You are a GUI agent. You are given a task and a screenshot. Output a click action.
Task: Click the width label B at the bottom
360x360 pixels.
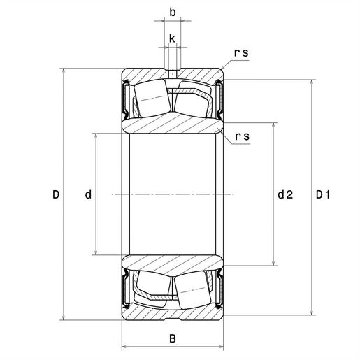[173, 339]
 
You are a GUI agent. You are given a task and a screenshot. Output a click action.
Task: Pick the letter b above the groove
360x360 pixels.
[172, 12]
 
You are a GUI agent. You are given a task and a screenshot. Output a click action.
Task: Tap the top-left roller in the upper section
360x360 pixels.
[150, 99]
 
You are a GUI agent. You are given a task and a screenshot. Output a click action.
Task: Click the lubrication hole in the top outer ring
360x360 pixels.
[172, 73]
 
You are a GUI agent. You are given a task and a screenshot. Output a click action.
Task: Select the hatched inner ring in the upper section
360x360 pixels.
[173, 124]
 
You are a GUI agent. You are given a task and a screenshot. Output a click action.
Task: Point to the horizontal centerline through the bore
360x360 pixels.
[173, 194]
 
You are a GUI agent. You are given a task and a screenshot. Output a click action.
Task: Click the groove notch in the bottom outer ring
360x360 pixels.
[172, 318]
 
